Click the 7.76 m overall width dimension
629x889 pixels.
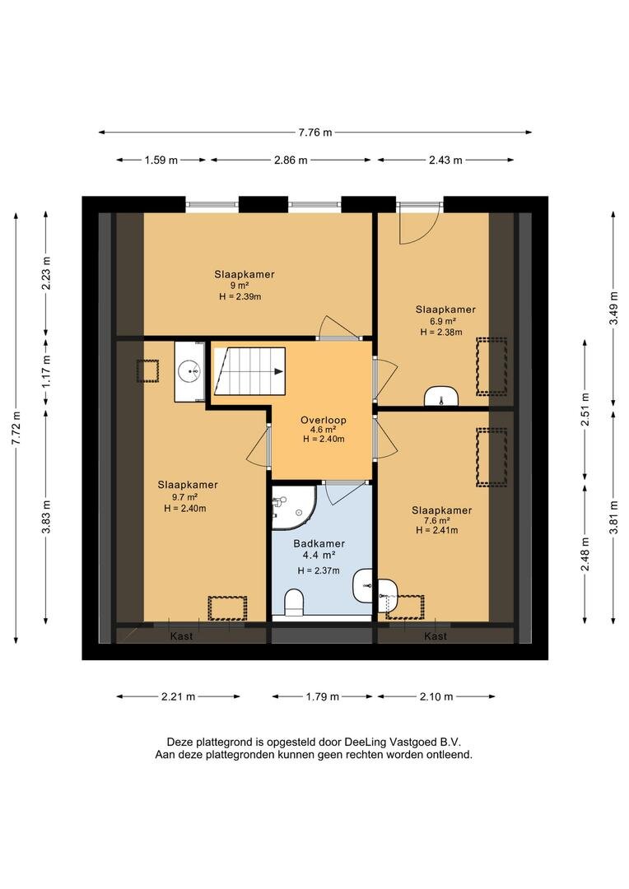[315, 133]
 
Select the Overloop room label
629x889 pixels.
[324, 420]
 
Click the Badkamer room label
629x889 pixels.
[319, 543]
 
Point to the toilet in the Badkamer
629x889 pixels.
[294, 602]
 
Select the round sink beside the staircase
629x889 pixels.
[189, 372]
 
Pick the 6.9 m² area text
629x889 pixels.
[445, 321]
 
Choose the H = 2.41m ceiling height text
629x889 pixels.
[436, 530]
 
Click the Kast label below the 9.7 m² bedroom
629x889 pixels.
[181, 636]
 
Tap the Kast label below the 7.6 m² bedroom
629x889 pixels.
[436, 636]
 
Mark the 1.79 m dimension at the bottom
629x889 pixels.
[322, 696]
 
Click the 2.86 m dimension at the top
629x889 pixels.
[291, 160]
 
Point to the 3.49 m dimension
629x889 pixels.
[613, 309]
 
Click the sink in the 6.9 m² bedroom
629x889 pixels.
[441, 396]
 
